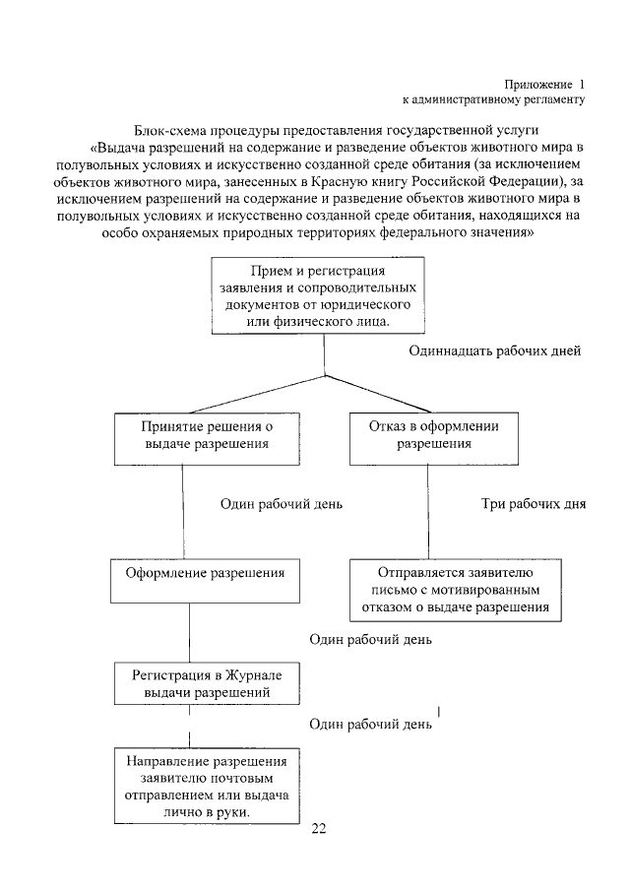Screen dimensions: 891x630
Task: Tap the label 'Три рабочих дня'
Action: [x=533, y=504]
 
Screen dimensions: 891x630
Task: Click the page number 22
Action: [x=318, y=827]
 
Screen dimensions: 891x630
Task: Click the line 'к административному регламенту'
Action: [x=493, y=99]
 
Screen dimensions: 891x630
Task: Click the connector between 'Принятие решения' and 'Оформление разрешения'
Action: [x=184, y=508]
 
